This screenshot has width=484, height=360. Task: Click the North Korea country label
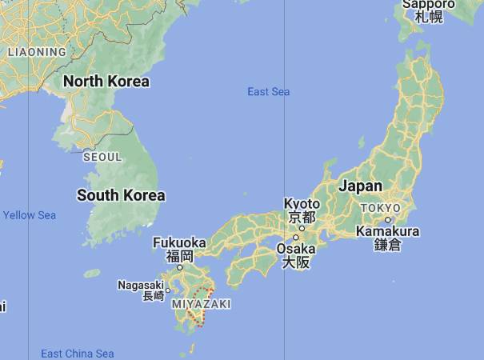pyautogui.click(x=106, y=81)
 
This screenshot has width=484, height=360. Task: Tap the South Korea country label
pyautogui.click(x=121, y=195)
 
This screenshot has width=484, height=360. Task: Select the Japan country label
pyautogui.click(x=360, y=186)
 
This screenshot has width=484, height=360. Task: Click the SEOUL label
pyautogui.click(x=102, y=158)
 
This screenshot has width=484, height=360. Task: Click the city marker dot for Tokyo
pyautogui.click(x=387, y=219)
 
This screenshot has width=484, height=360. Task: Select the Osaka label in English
pyautogui.click(x=295, y=249)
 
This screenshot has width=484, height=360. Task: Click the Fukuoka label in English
pyautogui.click(x=180, y=242)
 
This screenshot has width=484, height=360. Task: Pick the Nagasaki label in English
pyautogui.click(x=141, y=285)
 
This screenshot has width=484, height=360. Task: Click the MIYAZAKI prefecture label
pyautogui.click(x=201, y=304)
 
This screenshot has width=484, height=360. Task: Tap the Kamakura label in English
pyautogui.click(x=388, y=232)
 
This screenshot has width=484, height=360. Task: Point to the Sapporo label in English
pyautogui.click(x=429, y=4)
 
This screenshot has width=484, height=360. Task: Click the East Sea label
pyautogui.click(x=268, y=92)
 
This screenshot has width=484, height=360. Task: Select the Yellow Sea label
pyautogui.click(x=30, y=215)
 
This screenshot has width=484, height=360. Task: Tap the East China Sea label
pyautogui.click(x=78, y=354)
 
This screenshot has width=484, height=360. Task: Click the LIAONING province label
pyautogui.click(x=37, y=52)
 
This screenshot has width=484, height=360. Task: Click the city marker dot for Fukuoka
pyautogui.click(x=180, y=267)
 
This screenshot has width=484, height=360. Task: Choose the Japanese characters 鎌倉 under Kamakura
pyautogui.click(x=388, y=246)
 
